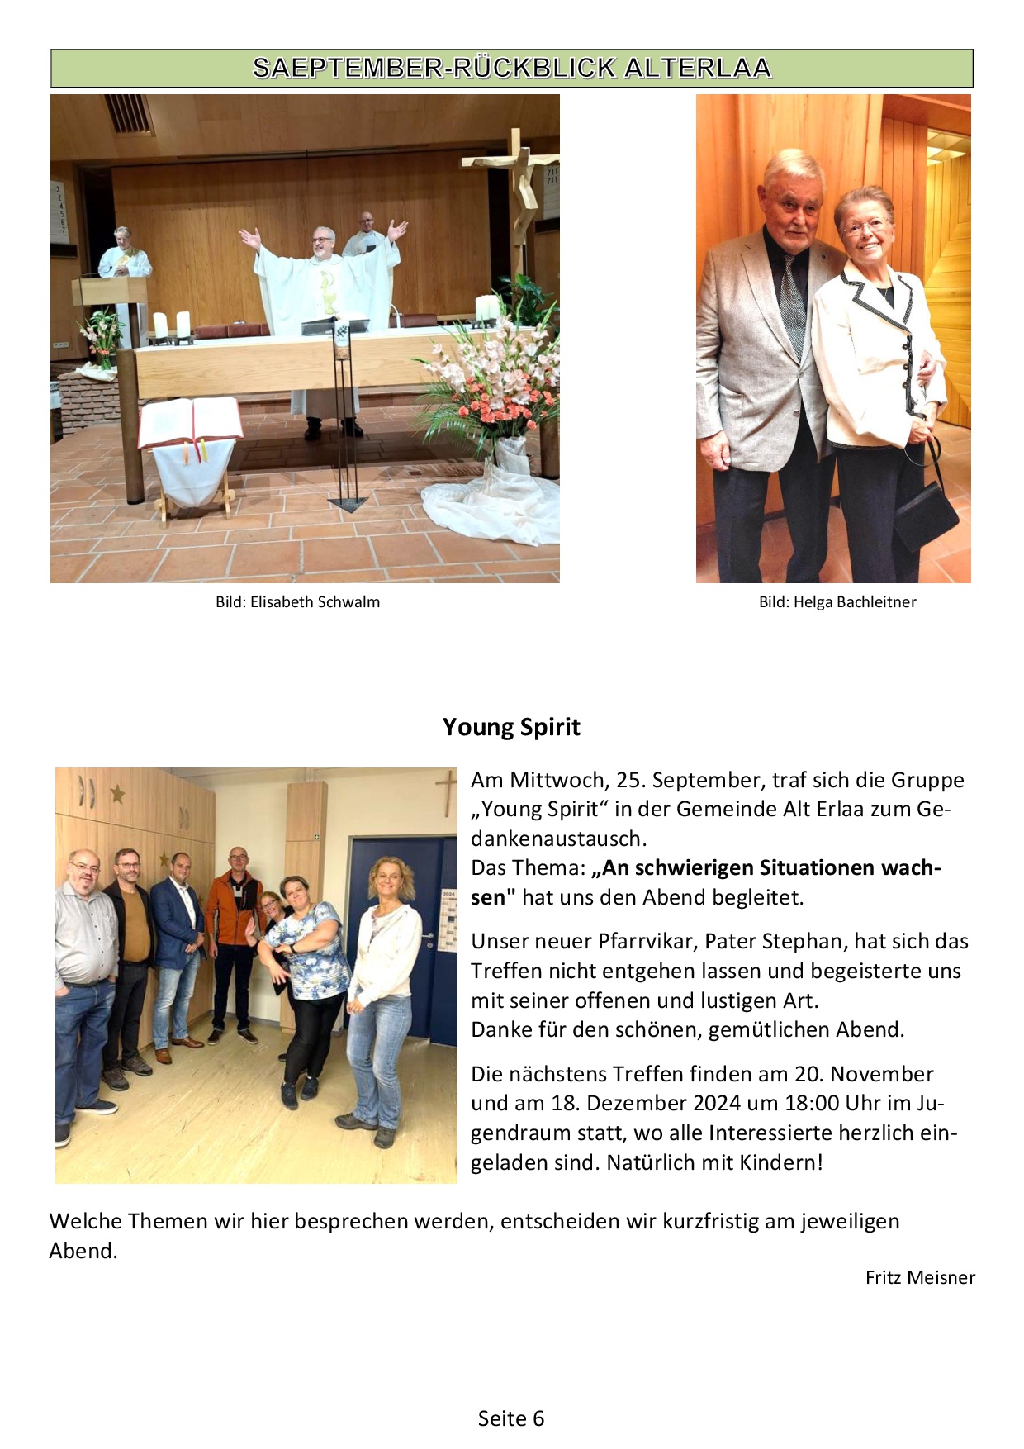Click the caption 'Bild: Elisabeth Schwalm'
[x=297, y=602]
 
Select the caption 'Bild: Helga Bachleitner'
[x=837, y=602]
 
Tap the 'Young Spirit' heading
[x=511, y=727]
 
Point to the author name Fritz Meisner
[x=919, y=1278]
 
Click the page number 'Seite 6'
[x=511, y=1418]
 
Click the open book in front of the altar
[x=190, y=421]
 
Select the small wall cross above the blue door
[x=446, y=791]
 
